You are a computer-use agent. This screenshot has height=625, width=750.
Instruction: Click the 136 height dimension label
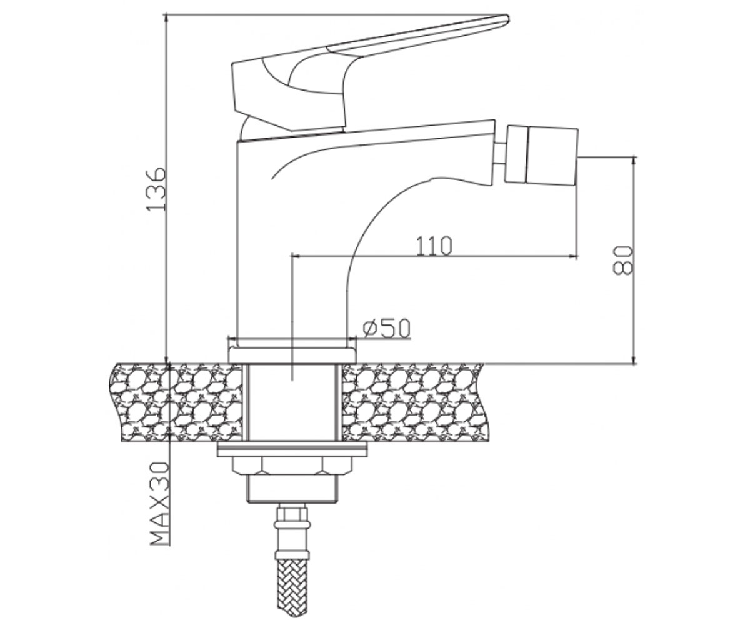point(157,189)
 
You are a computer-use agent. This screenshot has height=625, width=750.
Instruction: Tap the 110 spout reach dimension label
point(434,246)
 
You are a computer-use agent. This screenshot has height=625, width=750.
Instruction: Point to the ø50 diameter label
point(386,329)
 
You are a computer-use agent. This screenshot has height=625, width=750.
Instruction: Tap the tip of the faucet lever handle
point(508,18)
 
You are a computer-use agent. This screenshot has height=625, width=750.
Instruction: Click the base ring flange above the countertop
point(292,355)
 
